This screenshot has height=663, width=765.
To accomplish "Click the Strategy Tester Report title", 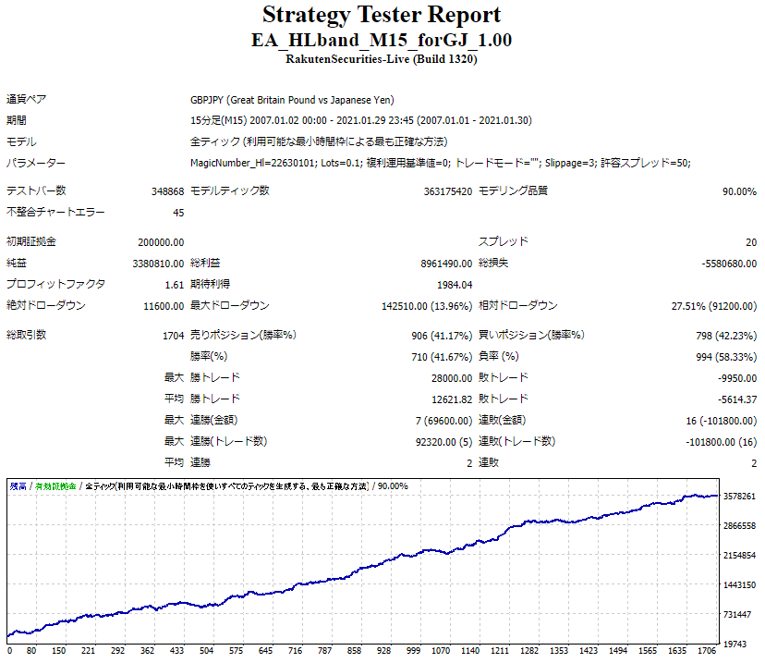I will point(382,16).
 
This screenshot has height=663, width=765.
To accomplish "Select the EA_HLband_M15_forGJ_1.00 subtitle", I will point(382,41).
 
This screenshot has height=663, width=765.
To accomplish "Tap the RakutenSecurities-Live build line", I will point(382,59).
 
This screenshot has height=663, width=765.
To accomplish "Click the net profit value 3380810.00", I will point(159,264).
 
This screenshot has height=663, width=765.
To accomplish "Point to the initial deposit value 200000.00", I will point(161,241).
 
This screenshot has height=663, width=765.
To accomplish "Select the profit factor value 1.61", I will point(174,285).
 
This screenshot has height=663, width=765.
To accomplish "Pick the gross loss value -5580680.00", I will point(729,264).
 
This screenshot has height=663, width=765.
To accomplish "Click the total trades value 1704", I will point(173,335).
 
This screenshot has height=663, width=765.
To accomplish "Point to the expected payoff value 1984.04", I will point(454,285).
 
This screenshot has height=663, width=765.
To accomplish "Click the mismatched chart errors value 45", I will point(178,213).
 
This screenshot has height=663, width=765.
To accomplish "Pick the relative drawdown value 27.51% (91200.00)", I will point(714,306).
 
